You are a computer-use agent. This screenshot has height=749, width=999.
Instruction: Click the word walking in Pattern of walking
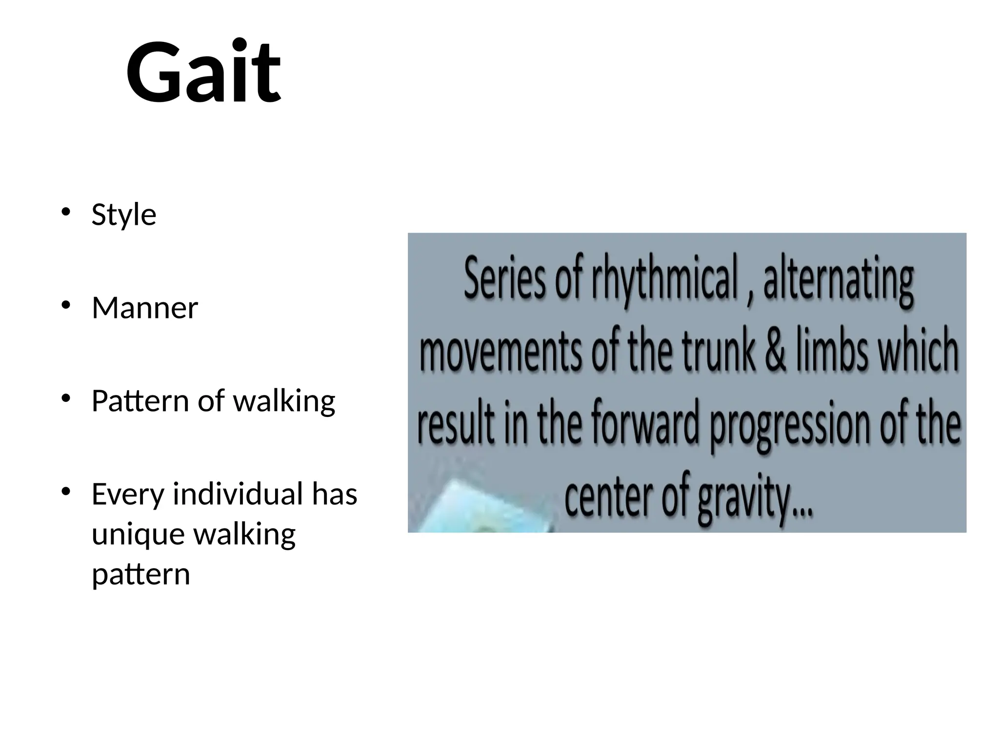click(x=284, y=401)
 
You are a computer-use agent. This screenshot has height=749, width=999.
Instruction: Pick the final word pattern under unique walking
click(x=140, y=574)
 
